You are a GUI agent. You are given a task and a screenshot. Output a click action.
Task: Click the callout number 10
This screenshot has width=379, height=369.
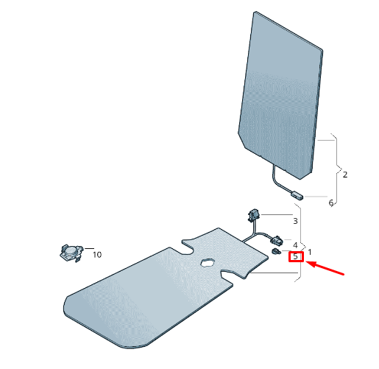[97, 255]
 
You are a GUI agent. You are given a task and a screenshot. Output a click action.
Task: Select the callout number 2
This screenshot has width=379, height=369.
[345, 175]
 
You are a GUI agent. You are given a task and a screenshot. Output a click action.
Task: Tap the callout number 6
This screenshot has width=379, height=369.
[331, 203]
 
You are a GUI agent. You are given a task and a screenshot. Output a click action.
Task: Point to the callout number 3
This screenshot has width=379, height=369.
[295, 221]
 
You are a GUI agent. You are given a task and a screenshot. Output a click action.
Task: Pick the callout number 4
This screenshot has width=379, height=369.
[295, 245]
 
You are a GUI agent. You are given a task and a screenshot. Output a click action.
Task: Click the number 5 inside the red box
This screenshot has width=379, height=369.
[295, 256]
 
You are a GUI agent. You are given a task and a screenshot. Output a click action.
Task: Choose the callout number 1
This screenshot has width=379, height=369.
[310, 252]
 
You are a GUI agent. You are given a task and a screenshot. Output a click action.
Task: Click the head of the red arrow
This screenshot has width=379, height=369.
[307, 262]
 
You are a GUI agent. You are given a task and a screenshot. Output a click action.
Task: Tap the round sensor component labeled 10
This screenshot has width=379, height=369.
[71, 253]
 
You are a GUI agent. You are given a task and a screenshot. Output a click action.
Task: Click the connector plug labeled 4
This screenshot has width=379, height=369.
[277, 240]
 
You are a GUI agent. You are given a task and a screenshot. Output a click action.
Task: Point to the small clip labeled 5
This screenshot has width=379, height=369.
[276, 251]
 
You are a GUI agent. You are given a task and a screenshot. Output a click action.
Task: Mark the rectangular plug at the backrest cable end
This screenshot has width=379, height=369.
[297, 195]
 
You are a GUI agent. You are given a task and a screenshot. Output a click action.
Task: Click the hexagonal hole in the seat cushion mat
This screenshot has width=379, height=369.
[208, 262]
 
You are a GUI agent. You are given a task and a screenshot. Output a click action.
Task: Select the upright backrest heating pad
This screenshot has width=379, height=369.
[280, 95]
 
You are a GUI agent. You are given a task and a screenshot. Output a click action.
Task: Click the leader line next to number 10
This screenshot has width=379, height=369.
[89, 248]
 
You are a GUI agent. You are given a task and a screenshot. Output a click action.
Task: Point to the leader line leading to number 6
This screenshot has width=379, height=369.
[316, 197]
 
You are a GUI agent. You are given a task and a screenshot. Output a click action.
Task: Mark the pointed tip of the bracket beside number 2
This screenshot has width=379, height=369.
[342, 169]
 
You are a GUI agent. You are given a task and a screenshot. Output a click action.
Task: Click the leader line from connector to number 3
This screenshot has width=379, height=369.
[277, 215]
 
